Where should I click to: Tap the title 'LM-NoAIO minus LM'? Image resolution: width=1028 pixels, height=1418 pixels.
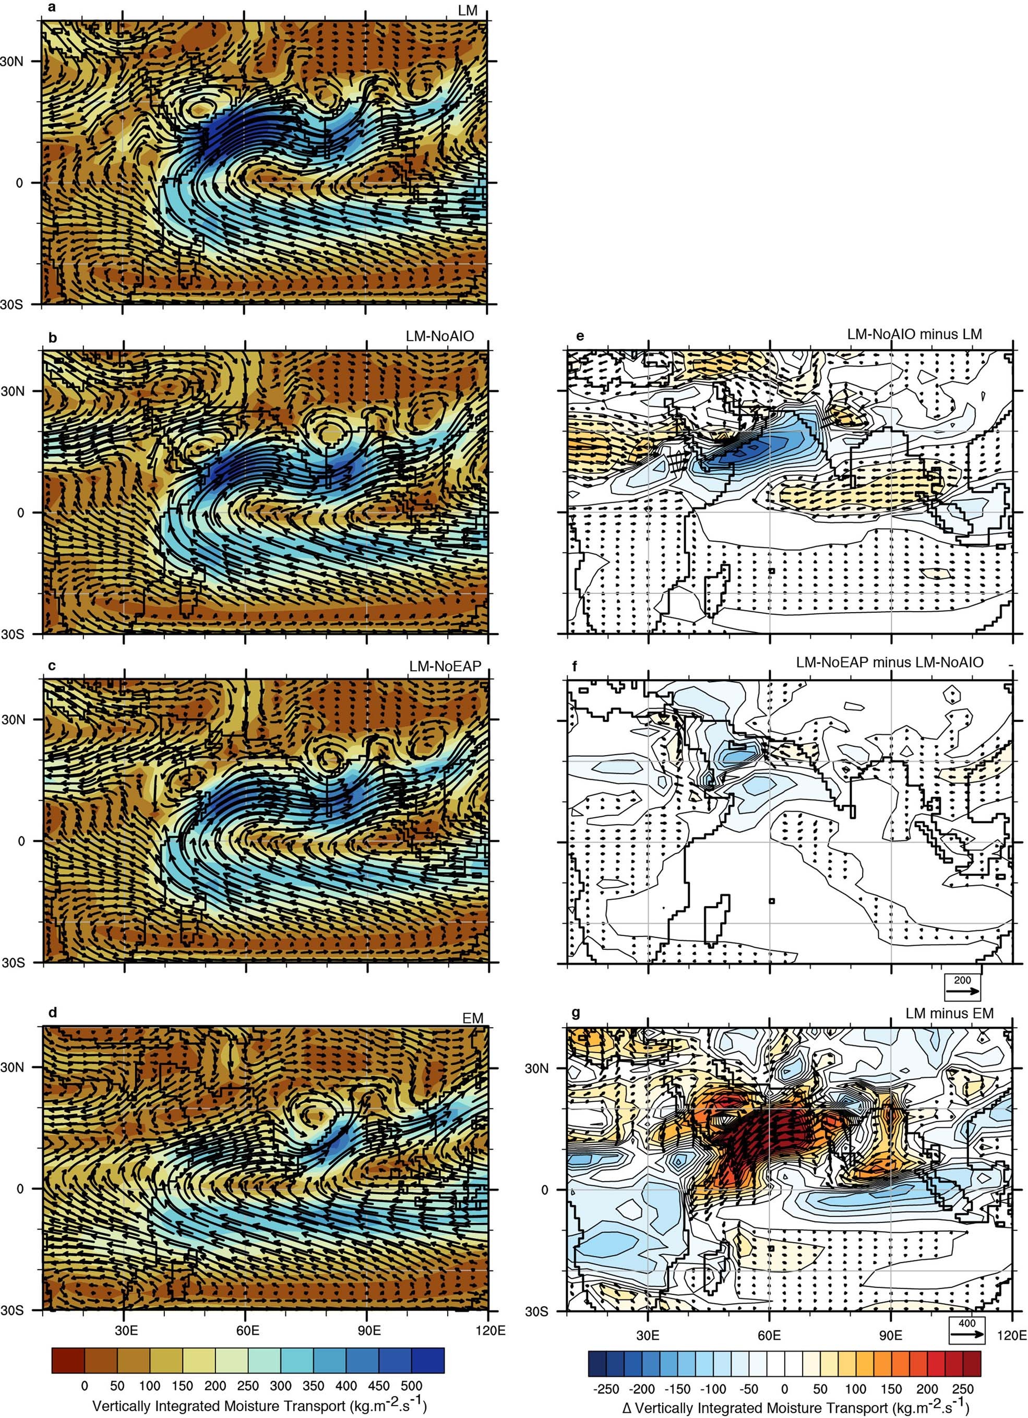pyautogui.click(x=914, y=335)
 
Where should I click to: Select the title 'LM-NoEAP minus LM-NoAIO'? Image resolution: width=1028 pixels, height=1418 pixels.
pyautogui.click(x=889, y=662)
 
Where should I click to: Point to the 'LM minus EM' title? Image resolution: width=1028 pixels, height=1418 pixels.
pyautogui.click(x=949, y=1013)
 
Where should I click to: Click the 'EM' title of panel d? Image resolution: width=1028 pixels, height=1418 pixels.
pyautogui.click(x=473, y=1018)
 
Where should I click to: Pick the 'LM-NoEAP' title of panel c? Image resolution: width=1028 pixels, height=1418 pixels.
pyautogui.click(x=445, y=666)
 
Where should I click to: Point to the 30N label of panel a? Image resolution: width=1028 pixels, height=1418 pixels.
pyautogui.click(x=11, y=62)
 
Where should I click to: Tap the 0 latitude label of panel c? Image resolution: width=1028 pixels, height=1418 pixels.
pyautogui.click(x=21, y=841)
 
